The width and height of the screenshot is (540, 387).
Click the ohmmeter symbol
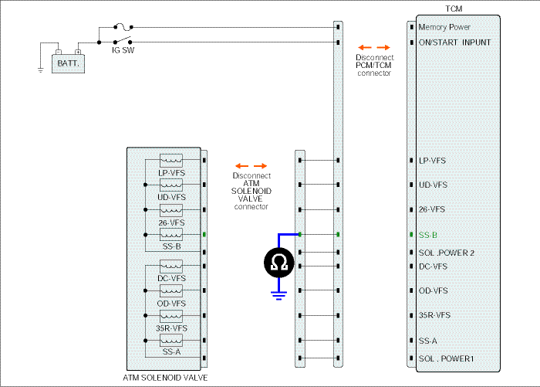279,263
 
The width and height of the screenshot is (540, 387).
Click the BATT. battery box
68,63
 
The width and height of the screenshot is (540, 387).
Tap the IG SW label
123,50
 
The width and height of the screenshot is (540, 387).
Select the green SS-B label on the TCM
427,235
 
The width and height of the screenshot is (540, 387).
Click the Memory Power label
444,27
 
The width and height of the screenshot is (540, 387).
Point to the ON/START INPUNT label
454,42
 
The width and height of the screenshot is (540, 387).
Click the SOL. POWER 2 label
447,253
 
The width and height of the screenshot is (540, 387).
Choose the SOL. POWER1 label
446,358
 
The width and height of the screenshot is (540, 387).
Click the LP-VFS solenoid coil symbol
171,161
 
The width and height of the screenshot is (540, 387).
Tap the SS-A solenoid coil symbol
171,341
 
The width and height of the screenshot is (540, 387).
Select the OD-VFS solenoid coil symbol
171,290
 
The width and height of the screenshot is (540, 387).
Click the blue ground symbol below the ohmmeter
278,296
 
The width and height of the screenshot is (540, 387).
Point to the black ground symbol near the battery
41,70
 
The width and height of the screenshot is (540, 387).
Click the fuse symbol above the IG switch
123,26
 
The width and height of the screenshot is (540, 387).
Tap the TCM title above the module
454,8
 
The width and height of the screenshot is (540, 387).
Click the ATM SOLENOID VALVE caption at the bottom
165,378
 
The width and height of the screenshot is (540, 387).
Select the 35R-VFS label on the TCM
434,315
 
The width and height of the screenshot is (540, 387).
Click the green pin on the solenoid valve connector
204,235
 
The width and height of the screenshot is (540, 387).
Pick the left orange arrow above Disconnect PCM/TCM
365,48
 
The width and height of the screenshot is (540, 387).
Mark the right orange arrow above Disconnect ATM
261,166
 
